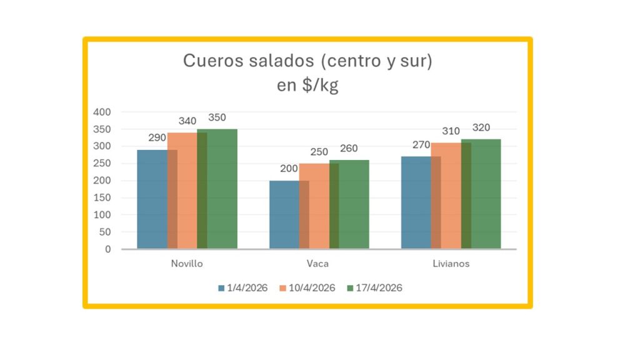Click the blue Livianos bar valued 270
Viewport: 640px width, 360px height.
[x=416, y=202]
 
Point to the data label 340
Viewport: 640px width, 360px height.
[x=187, y=121]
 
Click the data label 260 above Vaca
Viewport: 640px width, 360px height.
[x=349, y=149]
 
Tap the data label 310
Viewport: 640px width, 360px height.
[x=451, y=131]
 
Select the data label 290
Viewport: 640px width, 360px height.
[x=157, y=137]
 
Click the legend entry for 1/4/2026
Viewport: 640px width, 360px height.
[x=242, y=288]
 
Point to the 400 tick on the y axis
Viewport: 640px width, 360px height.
[x=102, y=112]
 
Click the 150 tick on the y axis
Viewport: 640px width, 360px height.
[x=102, y=197]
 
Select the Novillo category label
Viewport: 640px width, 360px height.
[x=187, y=264]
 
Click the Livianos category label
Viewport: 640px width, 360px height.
[x=451, y=264]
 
